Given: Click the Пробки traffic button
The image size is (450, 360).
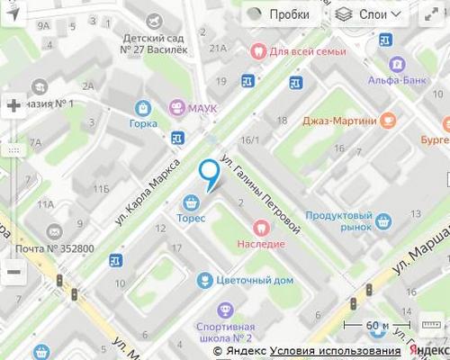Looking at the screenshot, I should tap(279, 14).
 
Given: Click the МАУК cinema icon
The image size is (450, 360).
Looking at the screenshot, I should tap(176, 106).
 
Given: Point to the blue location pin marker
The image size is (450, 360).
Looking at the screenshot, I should tap(209, 173).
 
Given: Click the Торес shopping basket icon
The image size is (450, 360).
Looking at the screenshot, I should tap(191, 203).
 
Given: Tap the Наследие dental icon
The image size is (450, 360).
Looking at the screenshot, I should tap(261, 229).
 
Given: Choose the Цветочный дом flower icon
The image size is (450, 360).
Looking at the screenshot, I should tap(205, 280).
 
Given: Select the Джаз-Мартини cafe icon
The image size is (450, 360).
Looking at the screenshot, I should tap(388, 119).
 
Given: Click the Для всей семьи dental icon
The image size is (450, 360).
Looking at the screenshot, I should tap(258, 51).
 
